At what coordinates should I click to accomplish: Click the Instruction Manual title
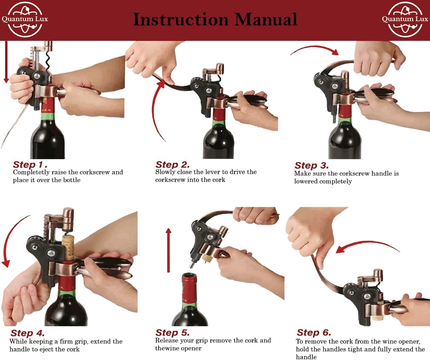click(x=215, y=20)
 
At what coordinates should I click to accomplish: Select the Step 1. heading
click(x=30, y=165)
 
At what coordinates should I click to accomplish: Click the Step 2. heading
click(x=172, y=165)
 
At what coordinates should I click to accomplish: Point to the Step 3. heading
click(x=311, y=166)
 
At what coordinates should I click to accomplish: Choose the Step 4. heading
click(x=27, y=333)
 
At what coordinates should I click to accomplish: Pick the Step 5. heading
click(x=172, y=333)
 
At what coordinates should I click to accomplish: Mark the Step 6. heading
click(x=314, y=333)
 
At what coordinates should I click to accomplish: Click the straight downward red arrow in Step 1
click(x=6, y=62)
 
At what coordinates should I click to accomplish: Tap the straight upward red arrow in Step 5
click(x=168, y=250)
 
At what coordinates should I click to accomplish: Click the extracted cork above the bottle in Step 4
click(x=68, y=248)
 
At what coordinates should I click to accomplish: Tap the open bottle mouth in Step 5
click(x=190, y=277)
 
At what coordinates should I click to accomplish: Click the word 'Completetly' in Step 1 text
click(x=31, y=172)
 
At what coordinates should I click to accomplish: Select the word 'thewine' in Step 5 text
click(x=167, y=348)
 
